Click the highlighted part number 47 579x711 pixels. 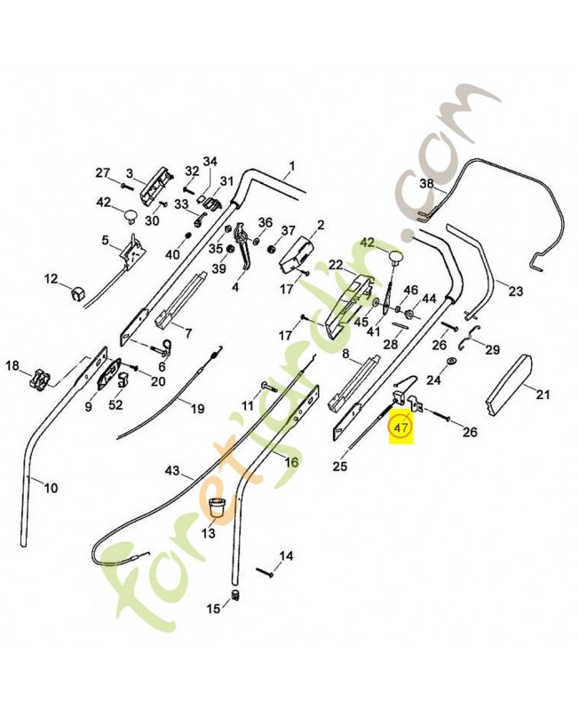401,427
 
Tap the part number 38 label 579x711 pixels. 427,184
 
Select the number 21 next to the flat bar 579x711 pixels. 543,395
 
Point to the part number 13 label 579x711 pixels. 209,534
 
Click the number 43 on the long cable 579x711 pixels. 172,471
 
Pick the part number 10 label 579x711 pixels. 51,488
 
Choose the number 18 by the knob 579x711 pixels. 13,365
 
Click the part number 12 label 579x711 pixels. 52,278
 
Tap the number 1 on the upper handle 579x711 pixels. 292,166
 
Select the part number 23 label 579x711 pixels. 516,291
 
